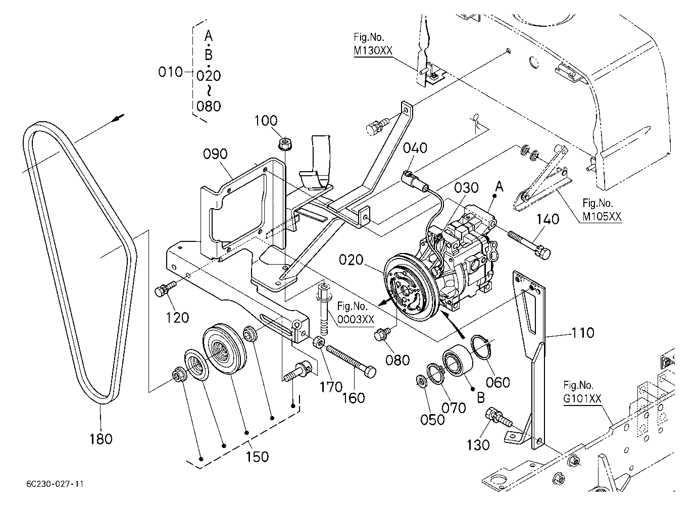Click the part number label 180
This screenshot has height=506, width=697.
(x=101, y=439)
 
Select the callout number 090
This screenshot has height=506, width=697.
(x=215, y=154)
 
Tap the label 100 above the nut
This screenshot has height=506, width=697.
(x=266, y=121)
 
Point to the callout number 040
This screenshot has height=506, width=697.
(x=415, y=148)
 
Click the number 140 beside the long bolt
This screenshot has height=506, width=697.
(x=547, y=219)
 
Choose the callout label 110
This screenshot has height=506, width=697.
(x=583, y=333)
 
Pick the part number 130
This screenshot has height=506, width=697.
(x=478, y=445)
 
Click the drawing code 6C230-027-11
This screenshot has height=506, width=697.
(x=55, y=484)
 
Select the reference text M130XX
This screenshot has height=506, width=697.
(x=373, y=50)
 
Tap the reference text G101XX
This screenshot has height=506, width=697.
(x=582, y=398)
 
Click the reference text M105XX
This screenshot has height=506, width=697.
(x=602, y=217)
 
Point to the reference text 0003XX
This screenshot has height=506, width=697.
(x=356, y=320)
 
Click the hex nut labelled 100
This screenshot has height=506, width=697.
(x=283, y=144)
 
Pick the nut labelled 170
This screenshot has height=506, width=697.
(x=319, y=342)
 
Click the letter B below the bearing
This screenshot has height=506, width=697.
(x=481, y=398)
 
